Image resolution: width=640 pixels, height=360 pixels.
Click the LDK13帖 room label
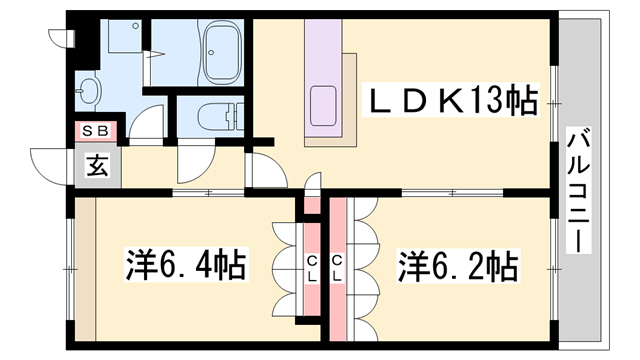tap(456, 101)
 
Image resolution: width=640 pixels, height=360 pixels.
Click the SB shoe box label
tap(96, 130)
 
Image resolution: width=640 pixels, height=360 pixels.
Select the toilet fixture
tap(211, 118)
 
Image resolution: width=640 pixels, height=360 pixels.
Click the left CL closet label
tap(312, 268)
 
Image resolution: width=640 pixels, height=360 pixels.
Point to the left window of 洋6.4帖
tap(69, 270)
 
